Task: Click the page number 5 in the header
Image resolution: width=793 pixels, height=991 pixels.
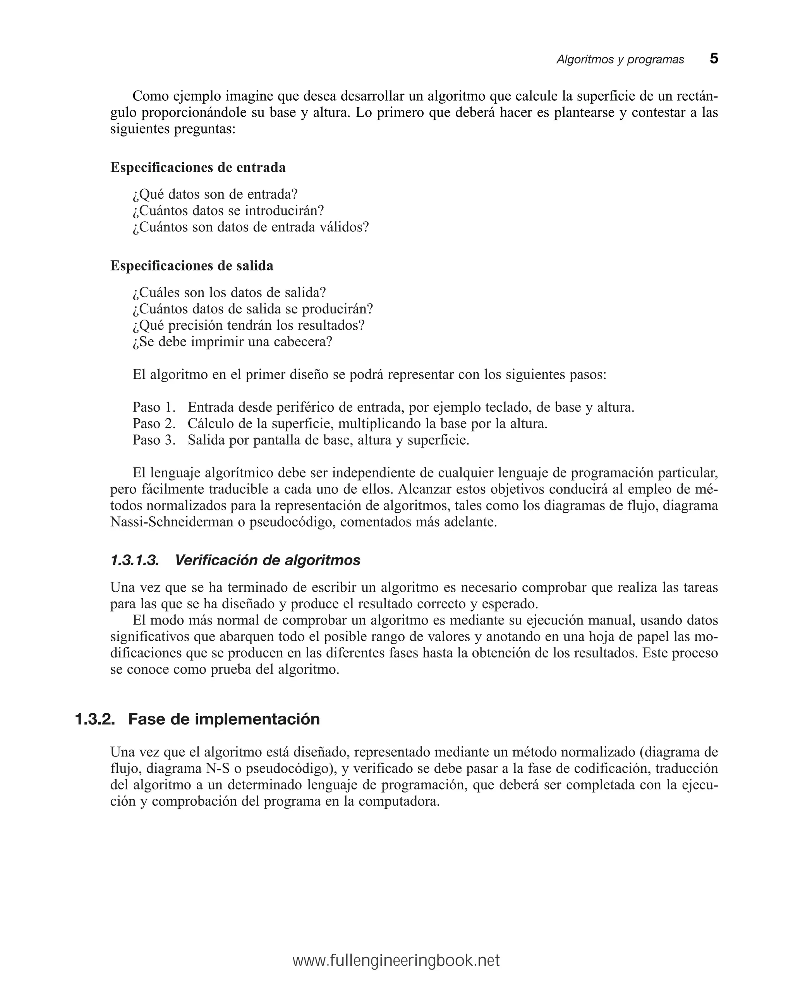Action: click(x=713, y=59)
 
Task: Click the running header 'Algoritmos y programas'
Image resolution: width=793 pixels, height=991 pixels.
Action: click(x=620, y=60)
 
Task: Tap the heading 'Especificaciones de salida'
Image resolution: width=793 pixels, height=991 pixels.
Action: click(x=191, y=266)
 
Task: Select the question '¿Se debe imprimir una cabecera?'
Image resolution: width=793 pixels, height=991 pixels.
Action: click(x=232, y=342)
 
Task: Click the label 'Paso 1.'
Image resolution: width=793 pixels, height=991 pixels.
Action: click(x=154, y=407)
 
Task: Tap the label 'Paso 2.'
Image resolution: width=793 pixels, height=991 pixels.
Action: click(x=154, y=424)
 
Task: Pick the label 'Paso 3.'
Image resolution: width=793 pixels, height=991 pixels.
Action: click(x=154, y=440)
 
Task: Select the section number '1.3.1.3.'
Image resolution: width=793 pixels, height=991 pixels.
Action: click(x=135, y=560)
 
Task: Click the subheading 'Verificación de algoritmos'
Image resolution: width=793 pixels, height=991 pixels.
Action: click(x=267, y=560)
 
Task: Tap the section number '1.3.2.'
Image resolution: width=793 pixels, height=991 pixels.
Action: click(x=95, y=719)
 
